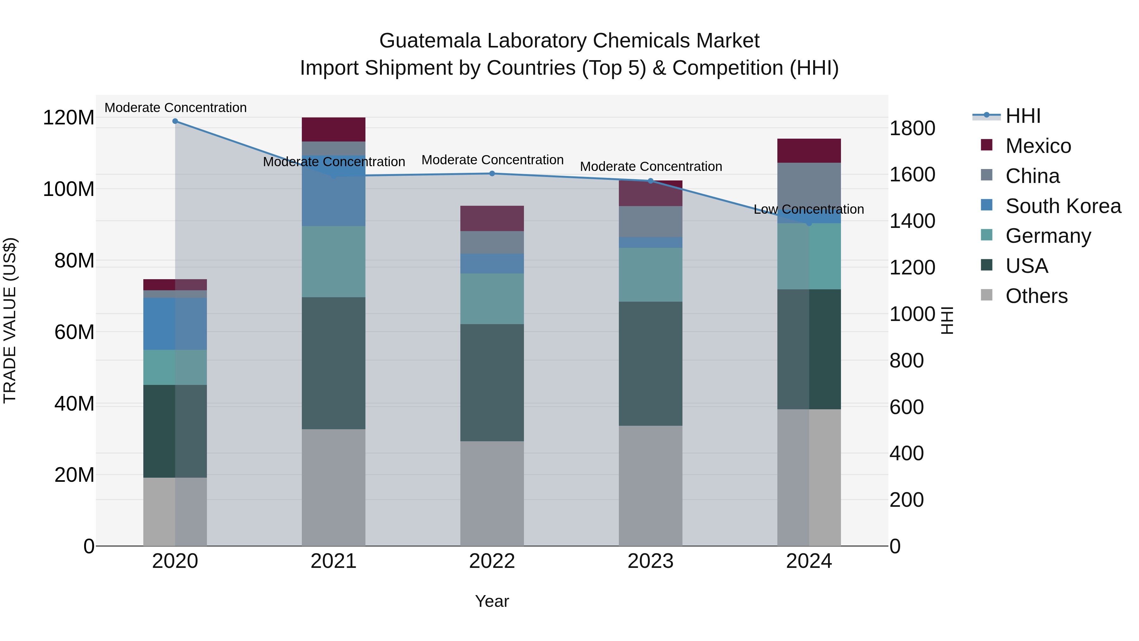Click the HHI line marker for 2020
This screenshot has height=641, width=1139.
point(175,121)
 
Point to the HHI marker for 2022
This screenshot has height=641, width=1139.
point(492,173)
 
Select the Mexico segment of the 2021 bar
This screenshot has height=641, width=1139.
point(333,129)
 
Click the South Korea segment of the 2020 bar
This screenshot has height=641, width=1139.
point(175,324)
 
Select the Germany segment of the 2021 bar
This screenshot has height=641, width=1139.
point(333,261)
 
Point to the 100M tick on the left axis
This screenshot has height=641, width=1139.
point(69,189)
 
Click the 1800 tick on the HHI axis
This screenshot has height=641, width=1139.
point(912,128)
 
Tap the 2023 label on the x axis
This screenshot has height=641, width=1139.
point(650,561)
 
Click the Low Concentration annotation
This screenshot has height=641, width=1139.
point(809,209)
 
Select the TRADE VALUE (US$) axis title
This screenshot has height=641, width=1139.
point(10,320)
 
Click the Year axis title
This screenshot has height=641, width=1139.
point(492,601)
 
